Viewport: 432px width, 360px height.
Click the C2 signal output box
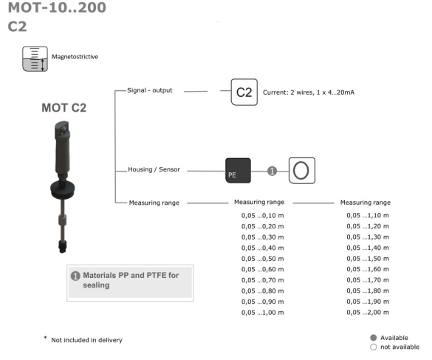tap(244, 92)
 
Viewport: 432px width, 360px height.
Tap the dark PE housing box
tap(238, 171)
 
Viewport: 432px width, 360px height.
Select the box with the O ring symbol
tap(302, 171)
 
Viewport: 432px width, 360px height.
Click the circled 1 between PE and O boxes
tap(272, 171)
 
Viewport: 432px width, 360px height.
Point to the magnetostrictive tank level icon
tap(35, 58)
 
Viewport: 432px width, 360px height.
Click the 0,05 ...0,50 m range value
tap(263, 259)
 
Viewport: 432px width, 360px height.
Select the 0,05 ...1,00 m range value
tap(263, 313)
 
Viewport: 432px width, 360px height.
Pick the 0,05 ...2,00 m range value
tap(368, 312)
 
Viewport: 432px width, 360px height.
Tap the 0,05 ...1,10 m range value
tap(368, 215)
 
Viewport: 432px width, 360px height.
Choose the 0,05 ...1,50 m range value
tap(368, 259)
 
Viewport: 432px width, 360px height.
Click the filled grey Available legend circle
tap(374, 338)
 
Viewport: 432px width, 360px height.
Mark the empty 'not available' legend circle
tap(374, 347)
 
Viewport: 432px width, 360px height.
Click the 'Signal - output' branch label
tap(150, 90)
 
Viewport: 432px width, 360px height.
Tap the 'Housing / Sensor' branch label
tap(154, 169)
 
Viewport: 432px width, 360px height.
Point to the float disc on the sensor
tap(63, 189)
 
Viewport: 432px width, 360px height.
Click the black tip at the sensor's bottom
tap(63, 246)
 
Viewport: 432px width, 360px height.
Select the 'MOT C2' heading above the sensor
tap(64, 108)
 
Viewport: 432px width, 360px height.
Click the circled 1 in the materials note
tap(75, 276)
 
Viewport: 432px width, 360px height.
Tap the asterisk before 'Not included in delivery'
tap(45, 337)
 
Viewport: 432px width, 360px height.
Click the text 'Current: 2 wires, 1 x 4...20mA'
tap(309, 92)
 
